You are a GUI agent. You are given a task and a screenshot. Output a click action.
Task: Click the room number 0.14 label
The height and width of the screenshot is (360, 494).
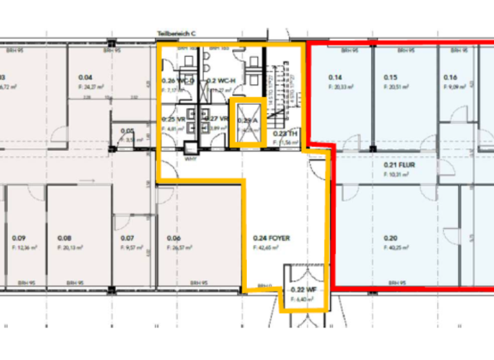click(x=334, y=77)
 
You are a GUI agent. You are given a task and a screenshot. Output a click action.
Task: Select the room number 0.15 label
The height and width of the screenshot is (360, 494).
click(x=390, y=77)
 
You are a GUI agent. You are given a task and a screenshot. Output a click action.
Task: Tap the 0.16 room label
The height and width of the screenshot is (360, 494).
click(x=450, y=77)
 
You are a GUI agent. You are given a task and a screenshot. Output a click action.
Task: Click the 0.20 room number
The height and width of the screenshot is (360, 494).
click(x=390, y=238)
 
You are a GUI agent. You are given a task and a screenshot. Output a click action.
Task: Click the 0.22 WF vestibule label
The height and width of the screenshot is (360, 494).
click(x=300, y=290)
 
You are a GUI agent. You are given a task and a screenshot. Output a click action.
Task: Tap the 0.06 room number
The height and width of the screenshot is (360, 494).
click(x=173, y=238)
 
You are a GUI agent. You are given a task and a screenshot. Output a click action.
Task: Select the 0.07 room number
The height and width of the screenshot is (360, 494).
click(x=127, y=238)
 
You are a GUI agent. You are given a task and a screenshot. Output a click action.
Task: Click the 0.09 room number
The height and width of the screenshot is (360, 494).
click(x=19, y=238)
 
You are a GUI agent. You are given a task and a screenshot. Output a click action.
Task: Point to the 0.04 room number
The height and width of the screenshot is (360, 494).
click(x=86, y=76)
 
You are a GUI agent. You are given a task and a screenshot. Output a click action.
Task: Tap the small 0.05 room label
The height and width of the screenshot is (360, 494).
click(x=127, y=130)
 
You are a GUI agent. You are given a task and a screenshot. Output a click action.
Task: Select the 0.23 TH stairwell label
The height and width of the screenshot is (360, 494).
click(x=284, y=134)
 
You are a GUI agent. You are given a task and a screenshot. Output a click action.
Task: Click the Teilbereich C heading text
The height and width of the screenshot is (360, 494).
click(x=176, y=34)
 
